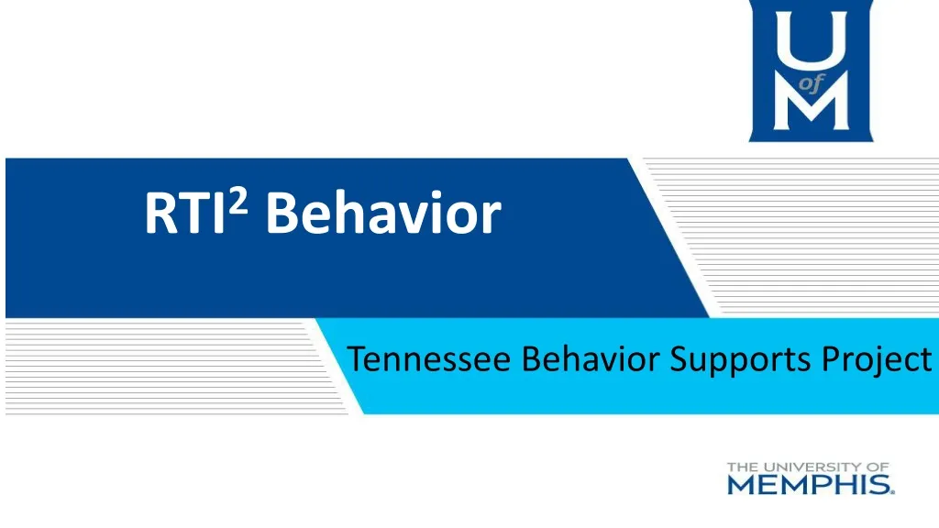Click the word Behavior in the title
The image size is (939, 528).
(384, 214)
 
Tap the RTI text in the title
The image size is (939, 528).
(184, 214)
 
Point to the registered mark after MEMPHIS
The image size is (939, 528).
(892, 491)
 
